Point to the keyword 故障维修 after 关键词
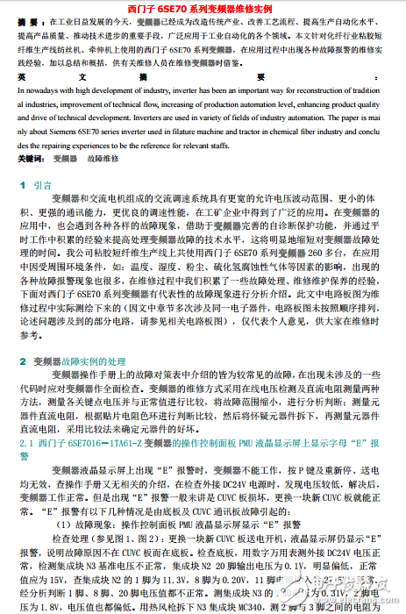[103, 161]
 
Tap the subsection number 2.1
[25, 445]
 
